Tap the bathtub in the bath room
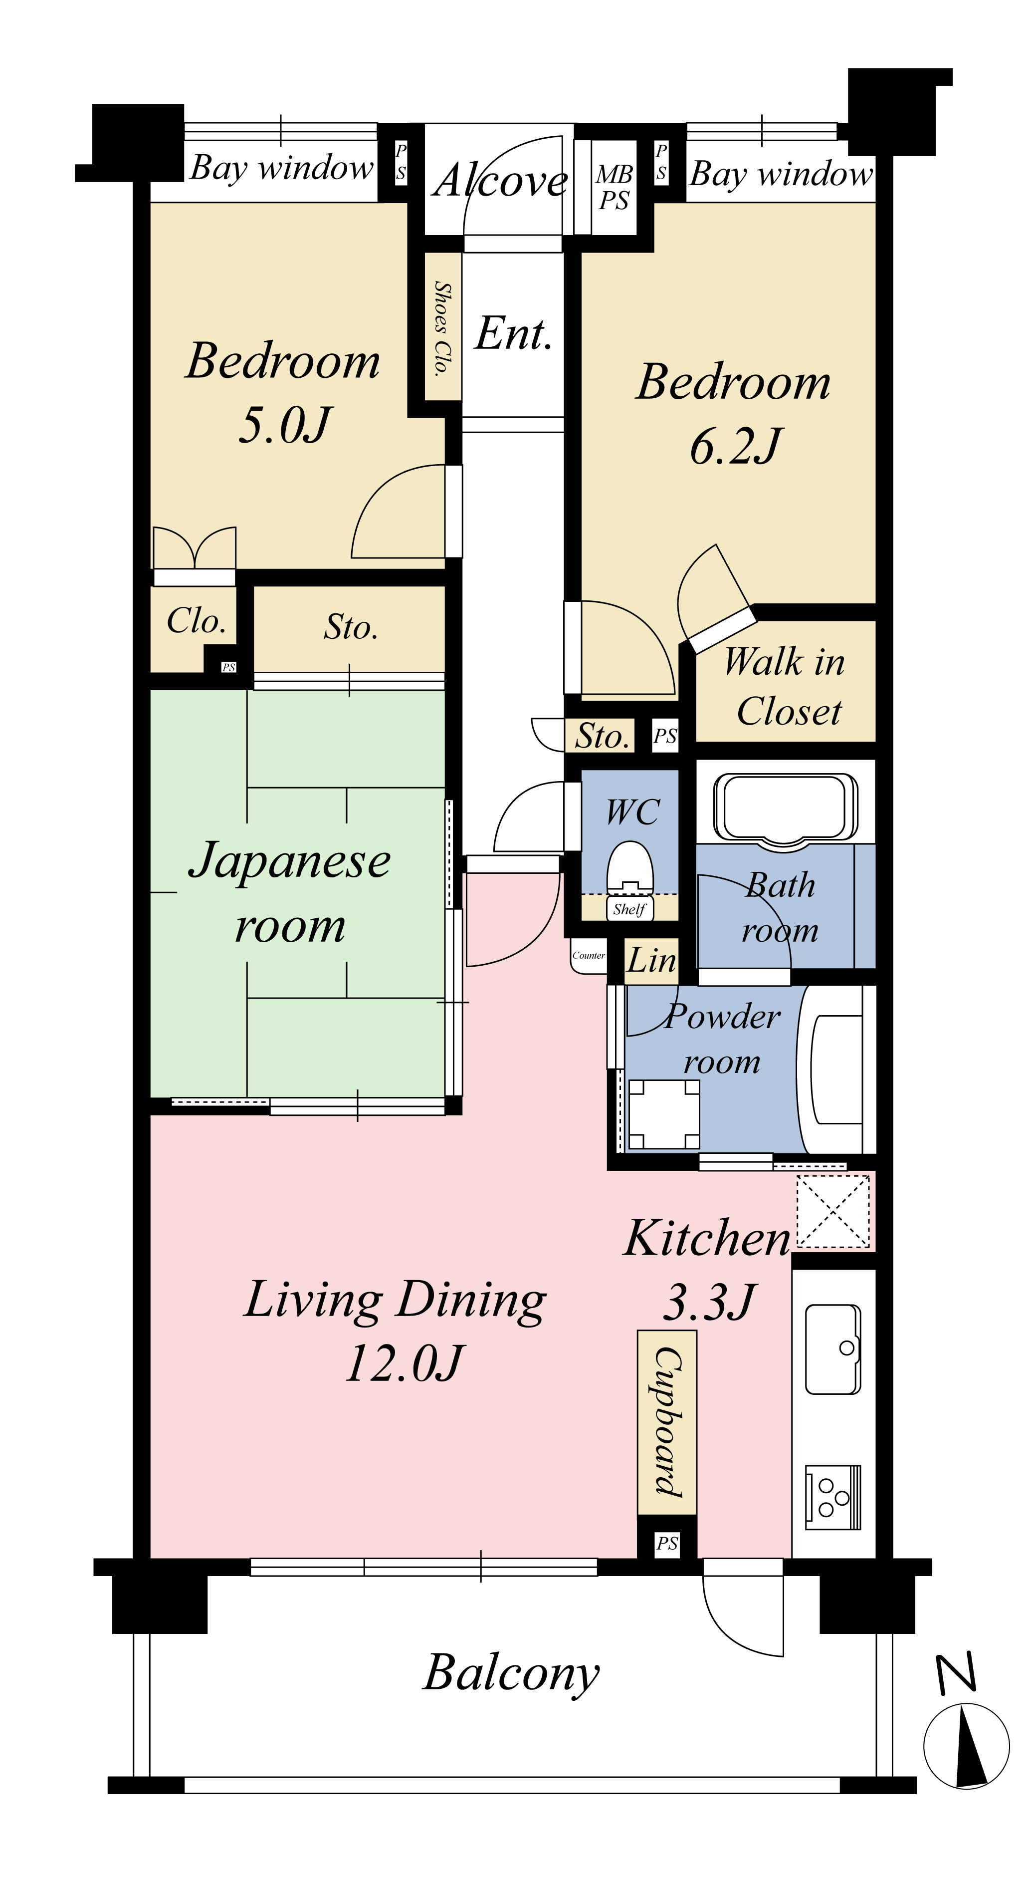784,808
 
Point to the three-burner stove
832,1497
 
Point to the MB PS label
614,187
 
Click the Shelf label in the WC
629,909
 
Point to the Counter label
589,955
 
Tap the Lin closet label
652,960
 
